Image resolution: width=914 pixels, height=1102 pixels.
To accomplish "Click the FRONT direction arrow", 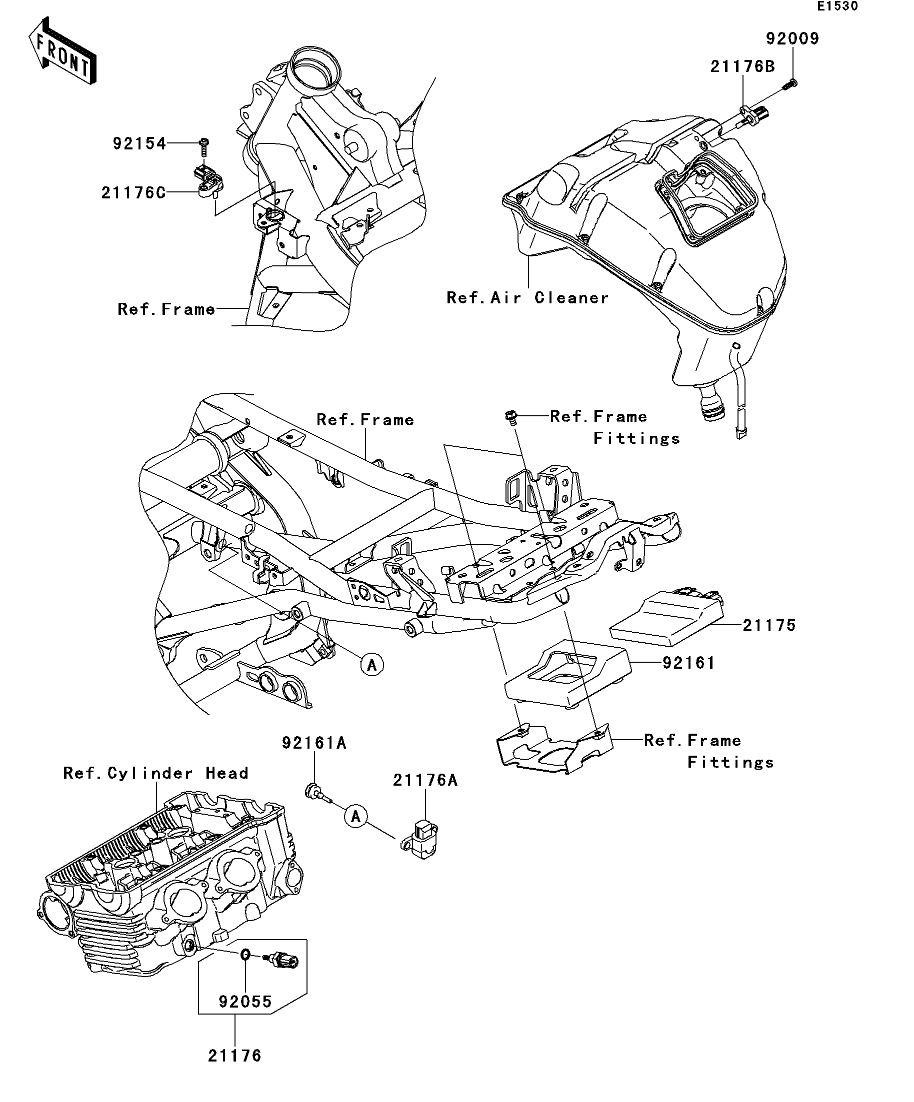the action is pos(62,50).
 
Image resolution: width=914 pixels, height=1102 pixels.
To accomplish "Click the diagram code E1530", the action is pos(837,6).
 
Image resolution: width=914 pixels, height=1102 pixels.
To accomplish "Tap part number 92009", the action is pos(792,38).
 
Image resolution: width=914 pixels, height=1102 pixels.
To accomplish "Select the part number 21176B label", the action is pos(742,66).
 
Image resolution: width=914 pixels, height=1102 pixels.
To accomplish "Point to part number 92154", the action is pos(139,143).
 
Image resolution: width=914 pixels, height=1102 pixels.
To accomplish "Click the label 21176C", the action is pos(133,192).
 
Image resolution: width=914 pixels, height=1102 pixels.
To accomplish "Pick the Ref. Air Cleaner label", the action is pos(527,297).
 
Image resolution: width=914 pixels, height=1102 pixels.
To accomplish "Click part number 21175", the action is pos(769,625).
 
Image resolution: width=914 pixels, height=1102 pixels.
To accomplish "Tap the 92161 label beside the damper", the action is pos(688,663).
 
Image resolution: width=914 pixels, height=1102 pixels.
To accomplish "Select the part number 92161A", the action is pos(314,743).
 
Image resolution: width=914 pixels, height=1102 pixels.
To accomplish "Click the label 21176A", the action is pos(425,780).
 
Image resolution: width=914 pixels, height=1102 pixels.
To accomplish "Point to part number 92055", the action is pos(245,1001).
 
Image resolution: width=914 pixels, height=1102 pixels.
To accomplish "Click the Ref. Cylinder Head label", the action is pos(155,773).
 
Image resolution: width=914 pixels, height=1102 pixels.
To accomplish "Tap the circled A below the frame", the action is pos(372,665).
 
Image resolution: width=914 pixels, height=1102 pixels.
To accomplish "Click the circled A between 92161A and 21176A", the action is pos(356,816).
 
